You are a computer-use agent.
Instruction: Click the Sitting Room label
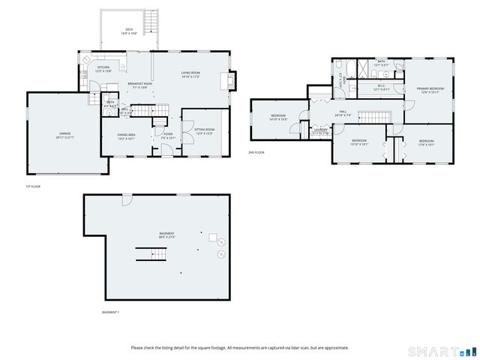205,131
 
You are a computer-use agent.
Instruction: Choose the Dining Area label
125,136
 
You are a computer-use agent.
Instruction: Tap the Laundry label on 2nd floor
321,130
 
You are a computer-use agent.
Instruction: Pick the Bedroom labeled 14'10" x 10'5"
279,118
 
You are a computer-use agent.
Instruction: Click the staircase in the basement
148,253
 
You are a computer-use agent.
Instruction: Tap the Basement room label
166,235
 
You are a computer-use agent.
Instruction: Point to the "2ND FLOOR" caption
256,152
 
